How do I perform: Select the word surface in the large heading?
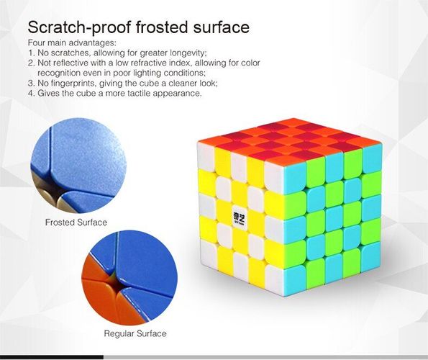click(x=222, y=27)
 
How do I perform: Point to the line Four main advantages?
click(x=72, y=43)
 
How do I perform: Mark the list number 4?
click(x=32, y=93)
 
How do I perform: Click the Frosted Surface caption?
click(x=76, y=222)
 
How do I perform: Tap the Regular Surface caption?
click(x=135, y=333)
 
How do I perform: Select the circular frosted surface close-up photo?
click(x=78, y=166)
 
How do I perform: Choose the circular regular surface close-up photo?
click(x=129, y=278)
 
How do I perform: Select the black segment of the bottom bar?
click(x=52, y=357)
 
